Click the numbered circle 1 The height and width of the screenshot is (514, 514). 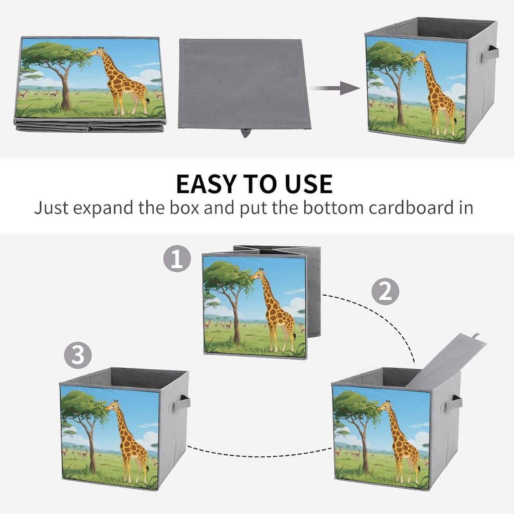click(177, 259)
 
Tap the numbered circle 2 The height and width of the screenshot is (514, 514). click(385, 291)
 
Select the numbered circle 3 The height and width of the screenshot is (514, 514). click(78, 355)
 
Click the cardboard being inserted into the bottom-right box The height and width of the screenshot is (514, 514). click(445, 360)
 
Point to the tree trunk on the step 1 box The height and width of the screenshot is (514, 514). click(235, 317)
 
